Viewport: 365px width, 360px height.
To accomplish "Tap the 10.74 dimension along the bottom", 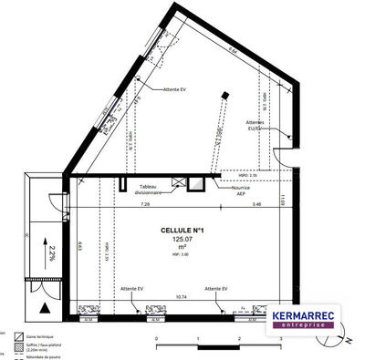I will (181, 297).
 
